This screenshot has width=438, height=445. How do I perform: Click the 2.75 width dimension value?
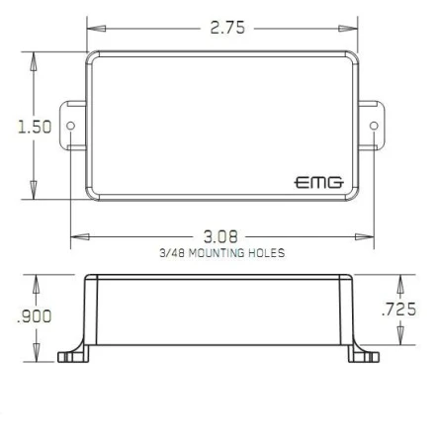pyautogui.click(x=227, y=28)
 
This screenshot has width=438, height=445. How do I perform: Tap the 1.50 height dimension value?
pyautogui.click(x=35, y=127)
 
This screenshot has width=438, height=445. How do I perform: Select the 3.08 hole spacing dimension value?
pyautogui.click(x=220, y=236)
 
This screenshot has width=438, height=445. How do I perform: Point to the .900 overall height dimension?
pyautogui.click(x=34, y=316)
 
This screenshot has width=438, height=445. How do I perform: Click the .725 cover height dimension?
pyautogui.click(x=398, y=310)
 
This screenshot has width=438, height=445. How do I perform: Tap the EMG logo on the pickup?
pyautogui.click(x=318, y=182)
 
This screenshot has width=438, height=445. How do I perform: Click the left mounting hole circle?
pyautogui.click(x=71, y=126)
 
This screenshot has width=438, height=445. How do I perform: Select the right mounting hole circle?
pyautogui.click(x=374, y=126)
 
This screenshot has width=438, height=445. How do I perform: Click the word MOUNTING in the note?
pyautogui.click(x=217, y=253)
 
